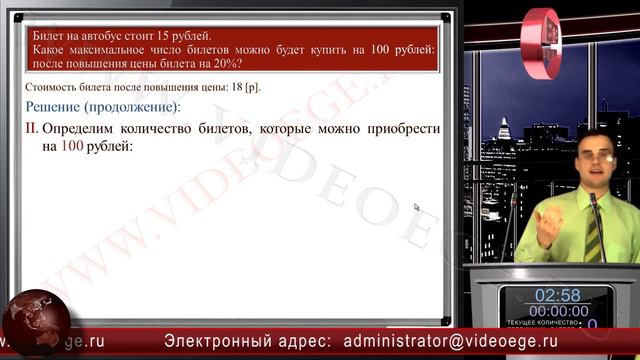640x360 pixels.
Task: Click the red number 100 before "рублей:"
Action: coord(72,146)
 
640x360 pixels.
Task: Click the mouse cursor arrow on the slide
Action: coord(416,207)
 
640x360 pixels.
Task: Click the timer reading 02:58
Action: coord(557,295)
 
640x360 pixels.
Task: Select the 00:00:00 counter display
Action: coord(558,311)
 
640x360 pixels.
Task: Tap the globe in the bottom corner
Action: coord(34,322)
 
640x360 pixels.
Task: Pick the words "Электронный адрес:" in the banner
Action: coord(249,341)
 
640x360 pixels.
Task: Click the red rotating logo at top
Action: coord(541,42)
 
